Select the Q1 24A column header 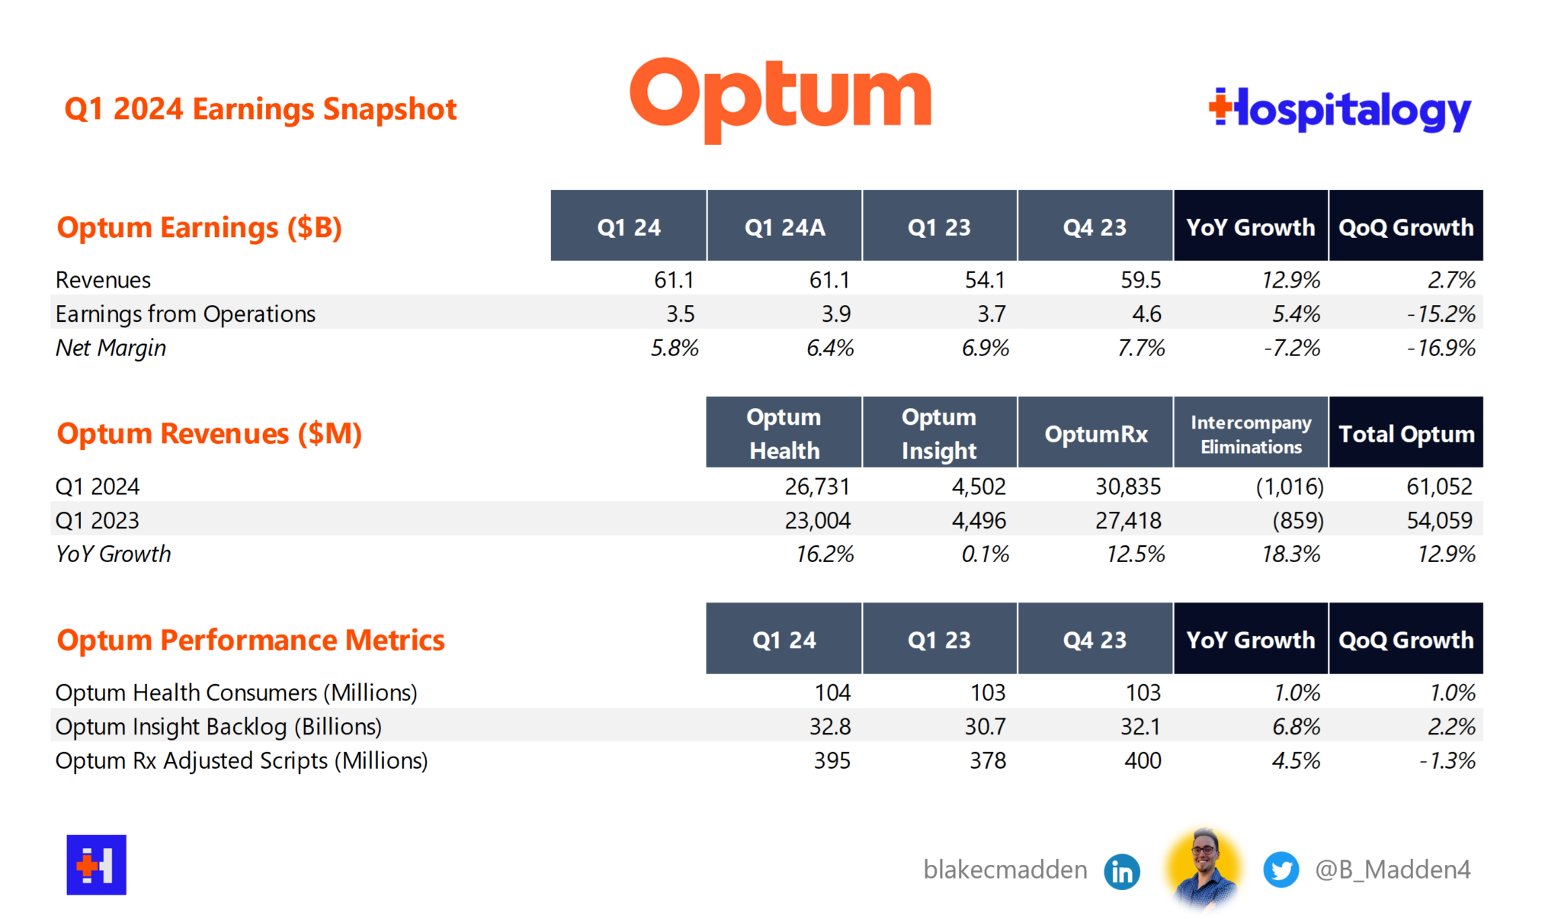coord(784,227)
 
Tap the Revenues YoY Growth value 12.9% coord(1290,280)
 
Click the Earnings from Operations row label coord(185,313)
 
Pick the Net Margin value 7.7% coord(1141,348)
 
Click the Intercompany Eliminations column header coord(1251,433)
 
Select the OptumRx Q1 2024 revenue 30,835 coord(1128,487)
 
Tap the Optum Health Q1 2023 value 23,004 coord(817,520)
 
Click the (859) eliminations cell coord(1297,520)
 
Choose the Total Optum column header coord(1406,433)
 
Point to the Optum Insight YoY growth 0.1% coord(985,554)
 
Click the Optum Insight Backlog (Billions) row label coord(218,726)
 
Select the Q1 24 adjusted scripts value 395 coord(832,760)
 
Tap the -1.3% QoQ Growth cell coord(1447,760)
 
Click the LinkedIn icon coord(1122,871)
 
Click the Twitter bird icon coord(1281,870)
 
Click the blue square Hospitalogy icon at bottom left coord(96,865)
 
